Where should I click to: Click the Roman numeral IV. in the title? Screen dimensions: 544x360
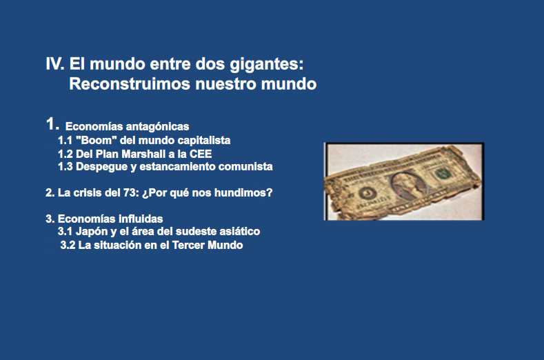(x=55, y=63)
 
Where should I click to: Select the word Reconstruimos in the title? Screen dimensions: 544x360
(x=130, y=83)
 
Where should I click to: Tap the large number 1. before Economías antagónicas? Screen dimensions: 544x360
(x=52, y=124)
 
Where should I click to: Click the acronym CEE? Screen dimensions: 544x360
(x=201, y=154)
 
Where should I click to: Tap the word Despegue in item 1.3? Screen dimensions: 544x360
(x=101, y=167)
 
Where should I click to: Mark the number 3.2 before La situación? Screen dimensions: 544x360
(x=68, y=245)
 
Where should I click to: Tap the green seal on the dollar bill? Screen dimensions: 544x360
(x=443, y=173)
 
